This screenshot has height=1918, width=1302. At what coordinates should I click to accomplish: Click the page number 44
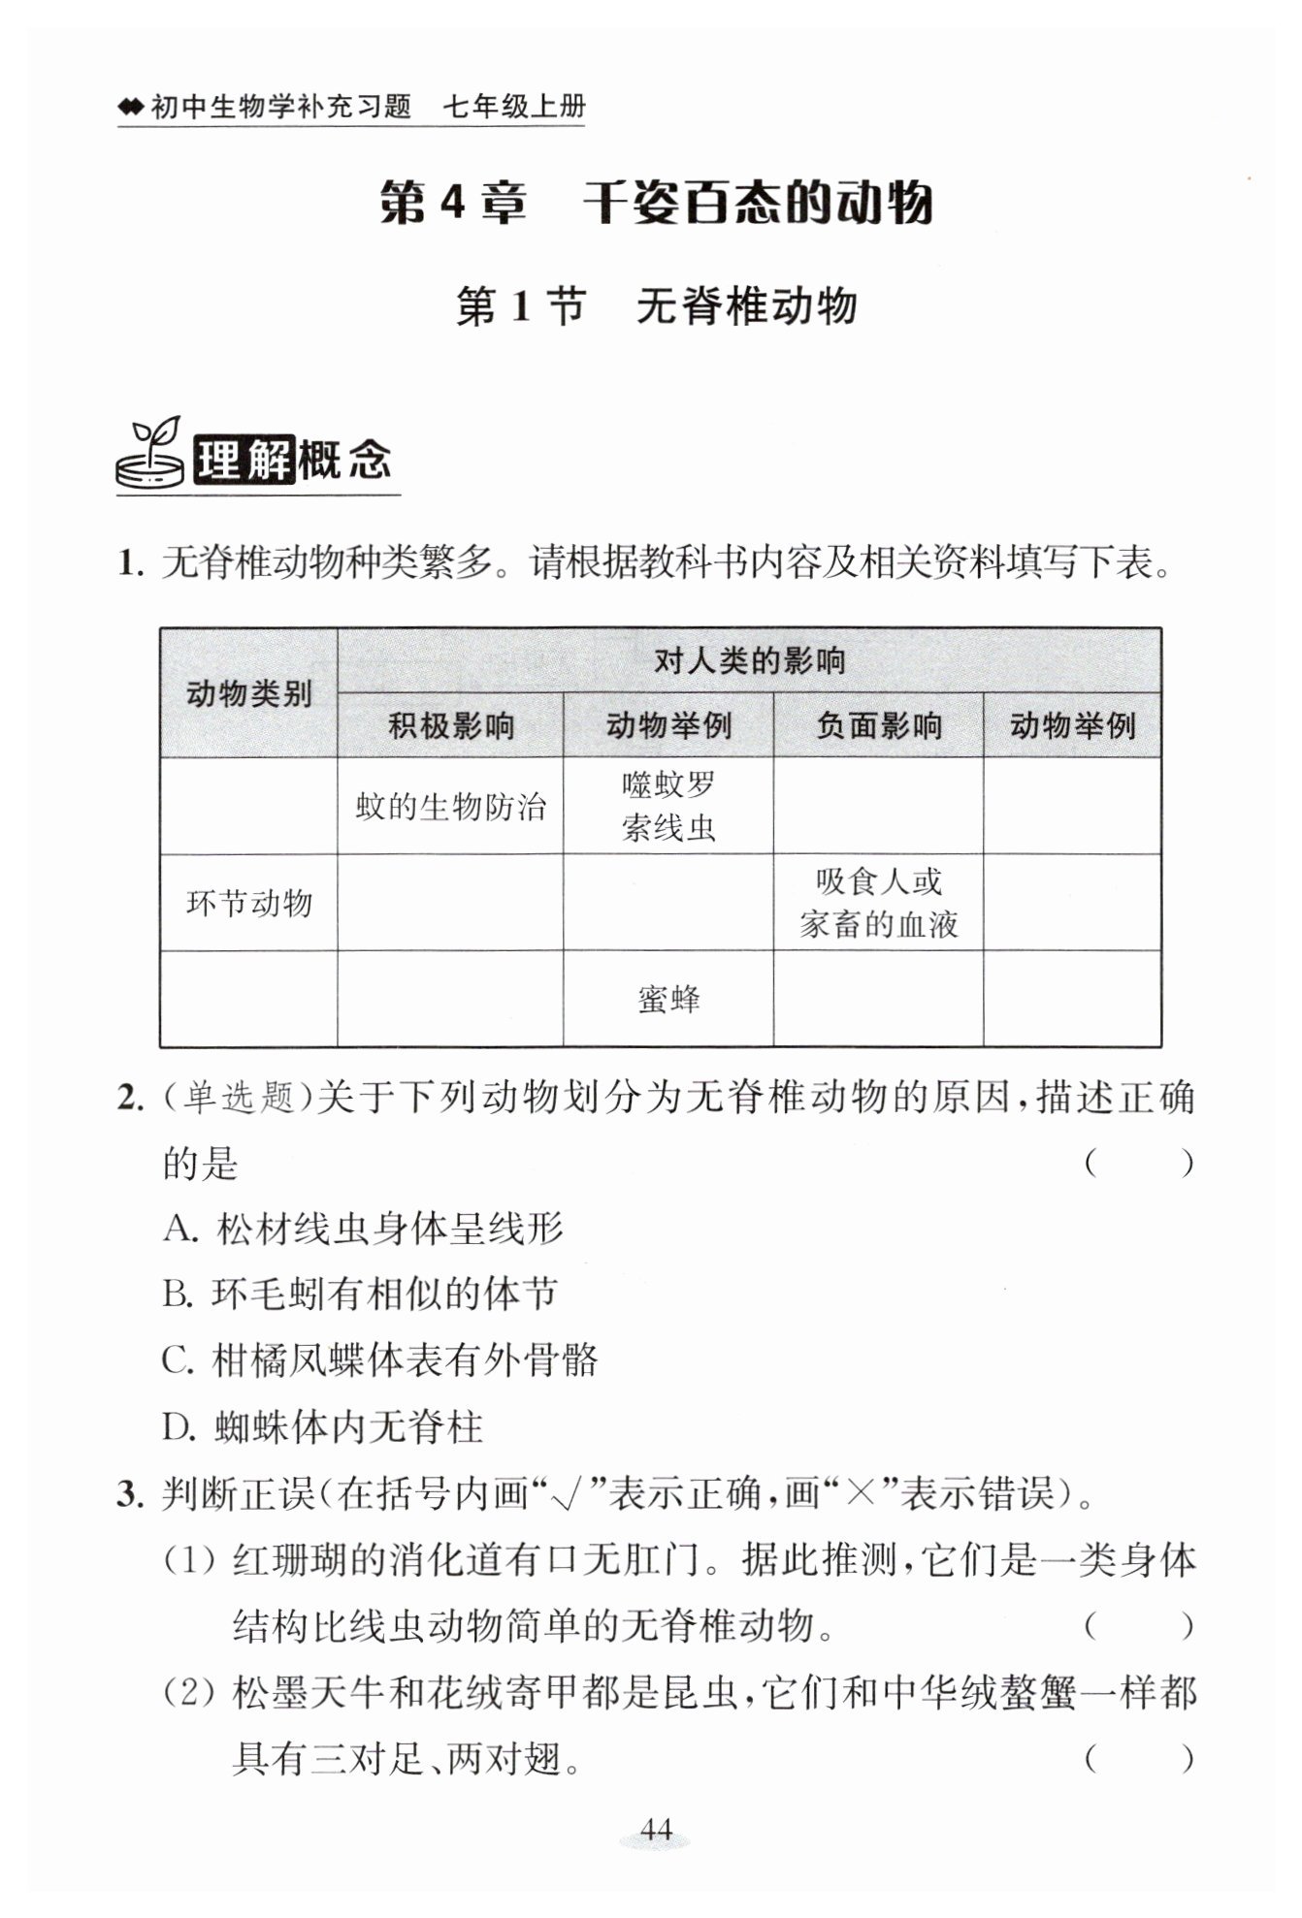click(656, 1829)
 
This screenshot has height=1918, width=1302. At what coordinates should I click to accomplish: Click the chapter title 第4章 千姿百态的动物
click(656, 203)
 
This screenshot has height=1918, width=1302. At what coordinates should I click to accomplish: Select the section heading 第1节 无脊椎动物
click(657, 306)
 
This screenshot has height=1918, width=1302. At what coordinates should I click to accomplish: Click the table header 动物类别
click(248, 693)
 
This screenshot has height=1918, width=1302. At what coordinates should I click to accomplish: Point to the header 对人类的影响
click(749, 661)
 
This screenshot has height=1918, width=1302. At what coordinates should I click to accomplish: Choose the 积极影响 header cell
click(450, 725)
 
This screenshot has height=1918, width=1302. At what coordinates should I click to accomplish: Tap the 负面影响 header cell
click(878, 725)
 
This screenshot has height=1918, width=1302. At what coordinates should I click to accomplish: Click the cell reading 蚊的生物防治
click(450, 806)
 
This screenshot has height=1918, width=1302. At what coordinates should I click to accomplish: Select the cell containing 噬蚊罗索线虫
click(668, 806)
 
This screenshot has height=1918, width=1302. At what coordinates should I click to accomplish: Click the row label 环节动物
click(248, 903)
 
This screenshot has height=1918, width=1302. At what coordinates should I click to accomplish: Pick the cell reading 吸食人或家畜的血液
click(878, 903)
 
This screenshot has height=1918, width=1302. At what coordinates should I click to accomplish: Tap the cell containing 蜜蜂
click(668, 999)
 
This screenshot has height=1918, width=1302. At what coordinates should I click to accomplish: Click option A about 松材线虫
click(363, 1229)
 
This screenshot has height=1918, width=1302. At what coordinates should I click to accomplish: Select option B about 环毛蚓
click(360, 1295)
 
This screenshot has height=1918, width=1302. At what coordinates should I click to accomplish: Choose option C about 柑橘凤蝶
click(379, 1360)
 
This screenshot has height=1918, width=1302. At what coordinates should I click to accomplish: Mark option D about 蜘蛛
click(322, 1426)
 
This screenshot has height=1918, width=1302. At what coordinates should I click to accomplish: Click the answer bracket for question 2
click(1138, 1163)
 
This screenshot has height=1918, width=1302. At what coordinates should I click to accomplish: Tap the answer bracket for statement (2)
click(1138, 1758)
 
